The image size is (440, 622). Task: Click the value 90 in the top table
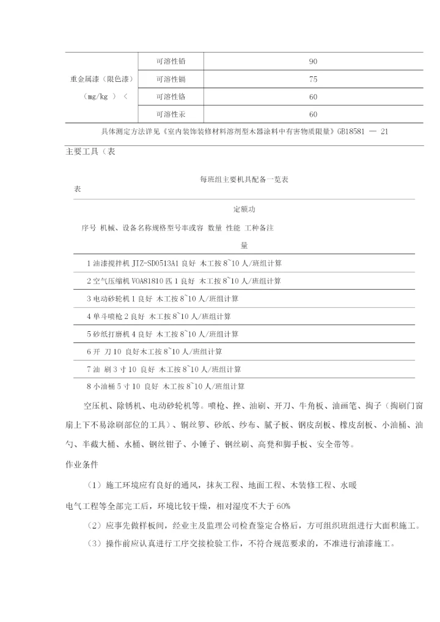[x=313, y=62]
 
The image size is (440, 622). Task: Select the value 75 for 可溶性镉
[x=313, y=79]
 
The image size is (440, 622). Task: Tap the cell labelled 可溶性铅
[x=171, y=62]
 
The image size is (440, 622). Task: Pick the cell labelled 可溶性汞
[x=171, y=114]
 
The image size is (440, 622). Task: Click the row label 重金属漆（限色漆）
[x=101, y=79]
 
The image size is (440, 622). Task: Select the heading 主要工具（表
[x=90, y=152]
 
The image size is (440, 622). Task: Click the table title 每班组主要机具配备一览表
[x=244, y=180]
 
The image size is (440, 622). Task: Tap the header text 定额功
[x=244, y=210]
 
